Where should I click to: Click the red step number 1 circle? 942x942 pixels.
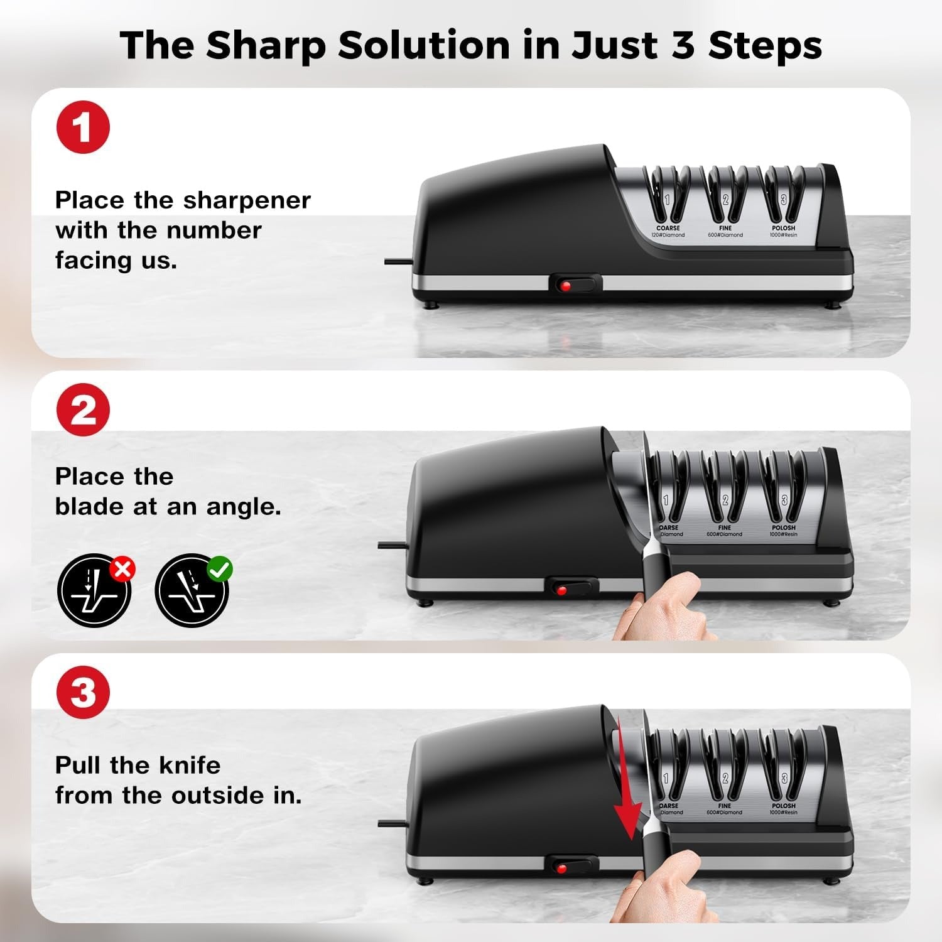[x=83, y=127]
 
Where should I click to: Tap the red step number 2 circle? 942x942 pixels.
[x=83, y=410]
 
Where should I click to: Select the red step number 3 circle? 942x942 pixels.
[x=83, y=693]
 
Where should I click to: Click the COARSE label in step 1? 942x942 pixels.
[x=668, y=229]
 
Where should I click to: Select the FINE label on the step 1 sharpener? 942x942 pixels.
[x=725, y=229]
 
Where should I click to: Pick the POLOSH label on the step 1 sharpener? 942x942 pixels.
[x=783, y=229]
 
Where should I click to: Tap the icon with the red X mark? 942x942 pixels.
[x=95, y=590]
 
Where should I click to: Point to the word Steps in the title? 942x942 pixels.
[x=765, y=45]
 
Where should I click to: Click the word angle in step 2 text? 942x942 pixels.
[x=243, y=507]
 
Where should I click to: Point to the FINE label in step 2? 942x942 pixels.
[x=724, y=528]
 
